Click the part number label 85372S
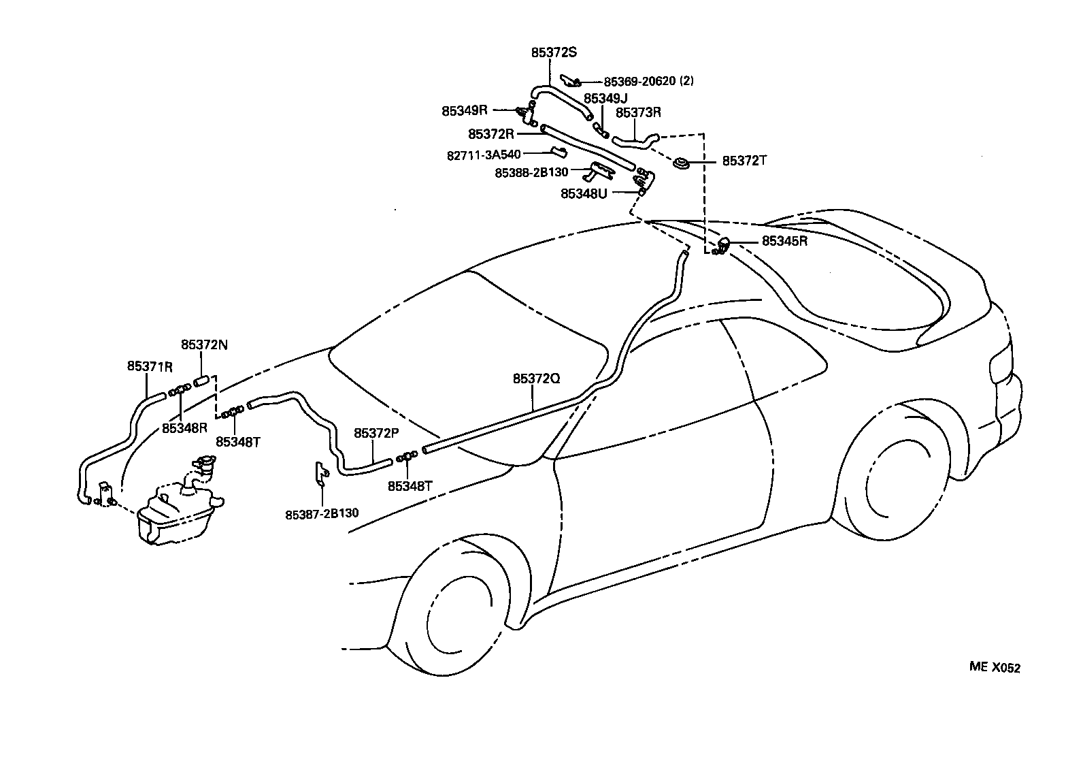pyautogui.click(x=554, y=52)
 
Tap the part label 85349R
pyautogui.click(x=465, y=110)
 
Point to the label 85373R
pyautogui.click(x=638, y=112)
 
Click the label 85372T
pyautogui.click(x=744, y=161)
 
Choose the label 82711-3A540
pyautogui.click(x=484, y=155)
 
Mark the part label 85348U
pyautogui.click(x=584, y=193)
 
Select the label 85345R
pyautogui.click(x=784, y=241)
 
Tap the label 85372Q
pyautogui.click(x=536, y=378)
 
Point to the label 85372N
pyautogui.click(x=204, y=345)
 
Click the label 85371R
pyautogui.click(x=150, y=366)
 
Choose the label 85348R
pyautogui.click(x=184, y=428)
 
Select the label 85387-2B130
pyautogui.click(x=322, y=514)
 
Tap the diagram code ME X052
pyautogui.click(x=995, y=668)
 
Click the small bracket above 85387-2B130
pyautogui.click(x=320, y=473)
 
